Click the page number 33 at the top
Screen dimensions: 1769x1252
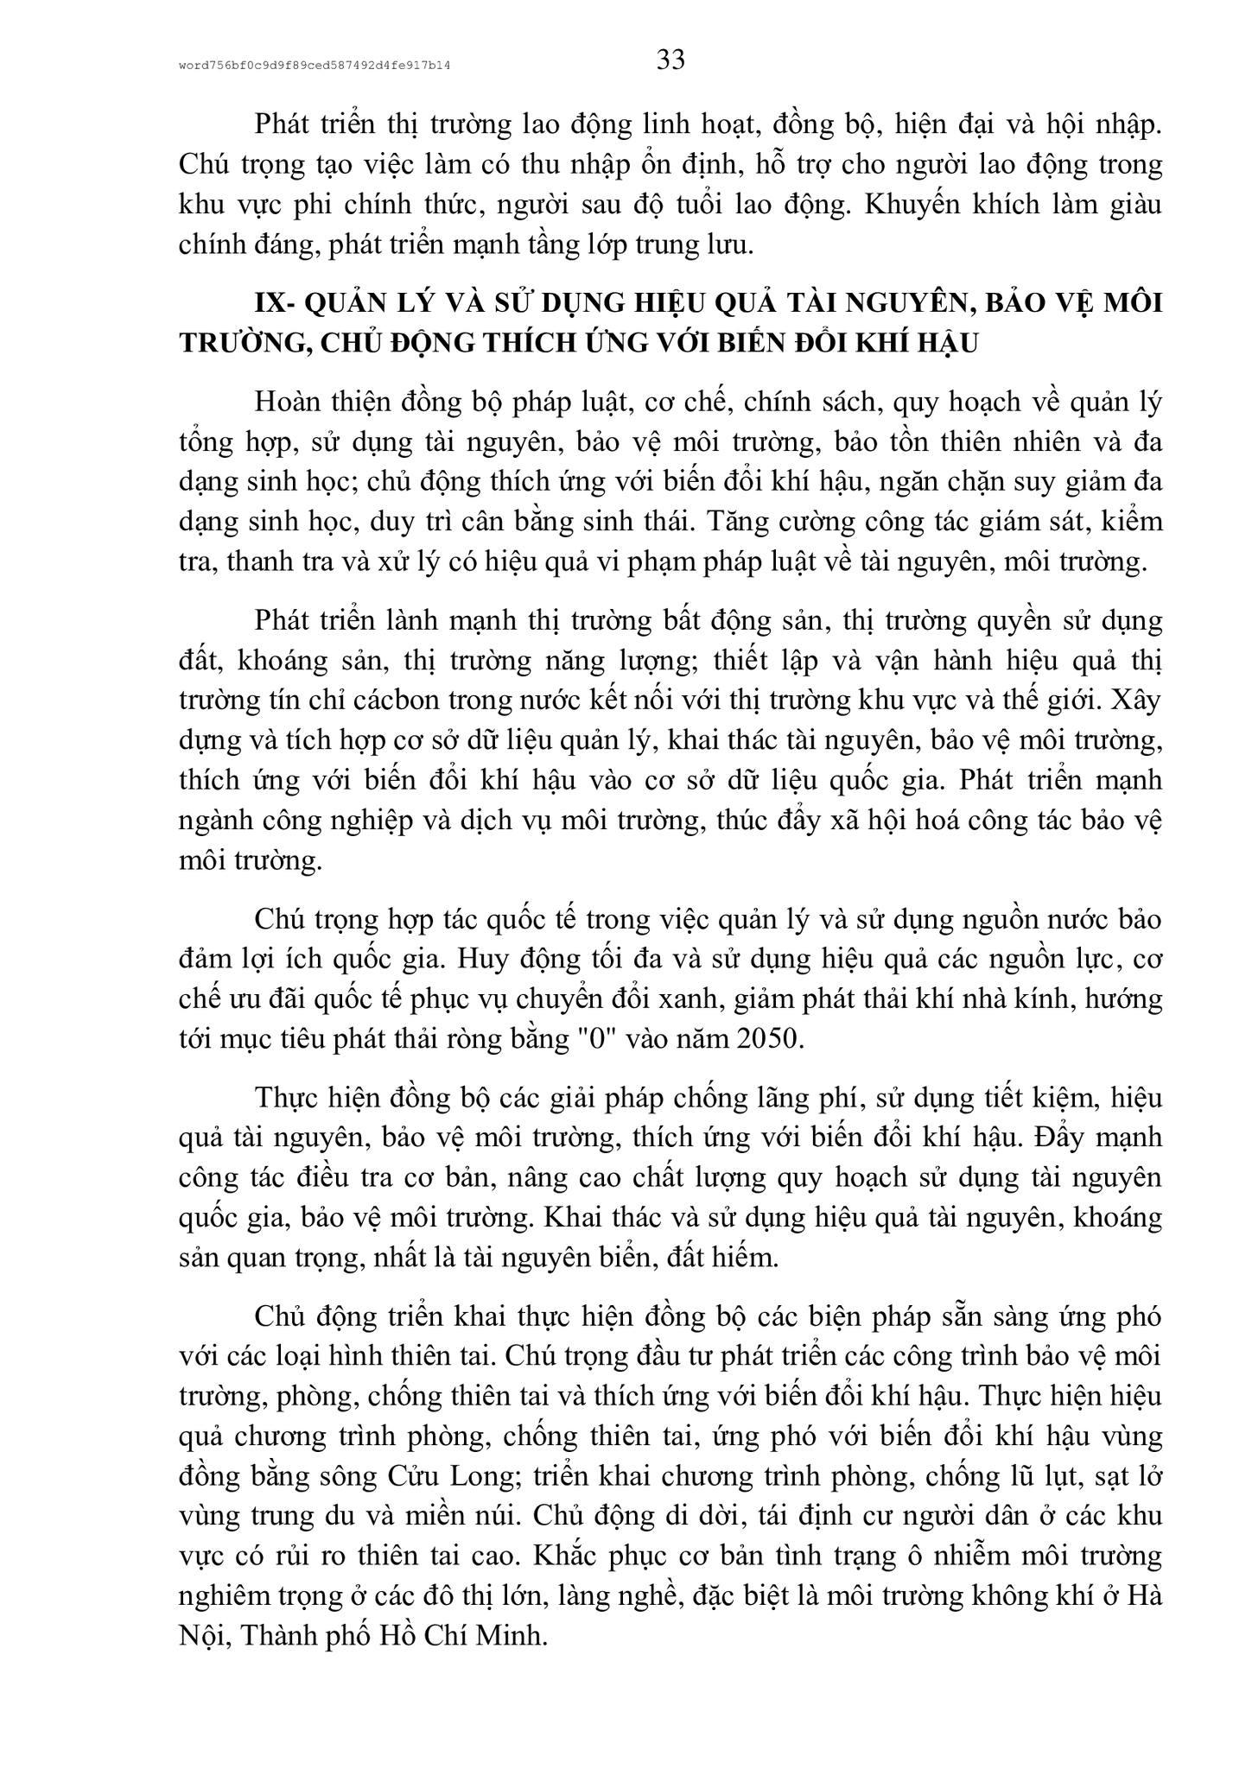[x=670, y=60]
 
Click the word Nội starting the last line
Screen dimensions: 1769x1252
[x=200, y=1635]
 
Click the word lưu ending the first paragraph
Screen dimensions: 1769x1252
[x=732, y=244]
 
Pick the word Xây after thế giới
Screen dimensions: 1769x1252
[x=1137, y=701]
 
